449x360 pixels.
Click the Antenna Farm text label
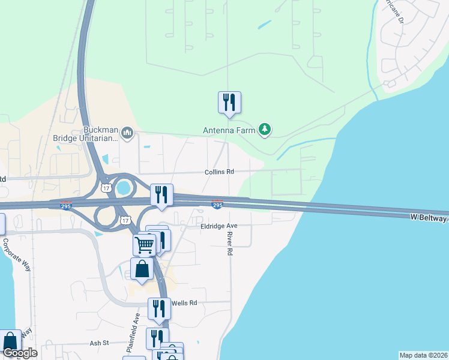229,129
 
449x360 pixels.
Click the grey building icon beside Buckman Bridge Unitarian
127,133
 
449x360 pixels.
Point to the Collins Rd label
218,172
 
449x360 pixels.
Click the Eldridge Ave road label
219,226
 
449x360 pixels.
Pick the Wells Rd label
184,303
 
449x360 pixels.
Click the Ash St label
98,343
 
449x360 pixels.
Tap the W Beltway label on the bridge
429,218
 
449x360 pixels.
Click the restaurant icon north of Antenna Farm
229,103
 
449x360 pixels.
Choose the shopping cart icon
145,244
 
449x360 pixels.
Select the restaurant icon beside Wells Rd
159,308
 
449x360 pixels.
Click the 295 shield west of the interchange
67,206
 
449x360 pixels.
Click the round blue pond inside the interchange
124,188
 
